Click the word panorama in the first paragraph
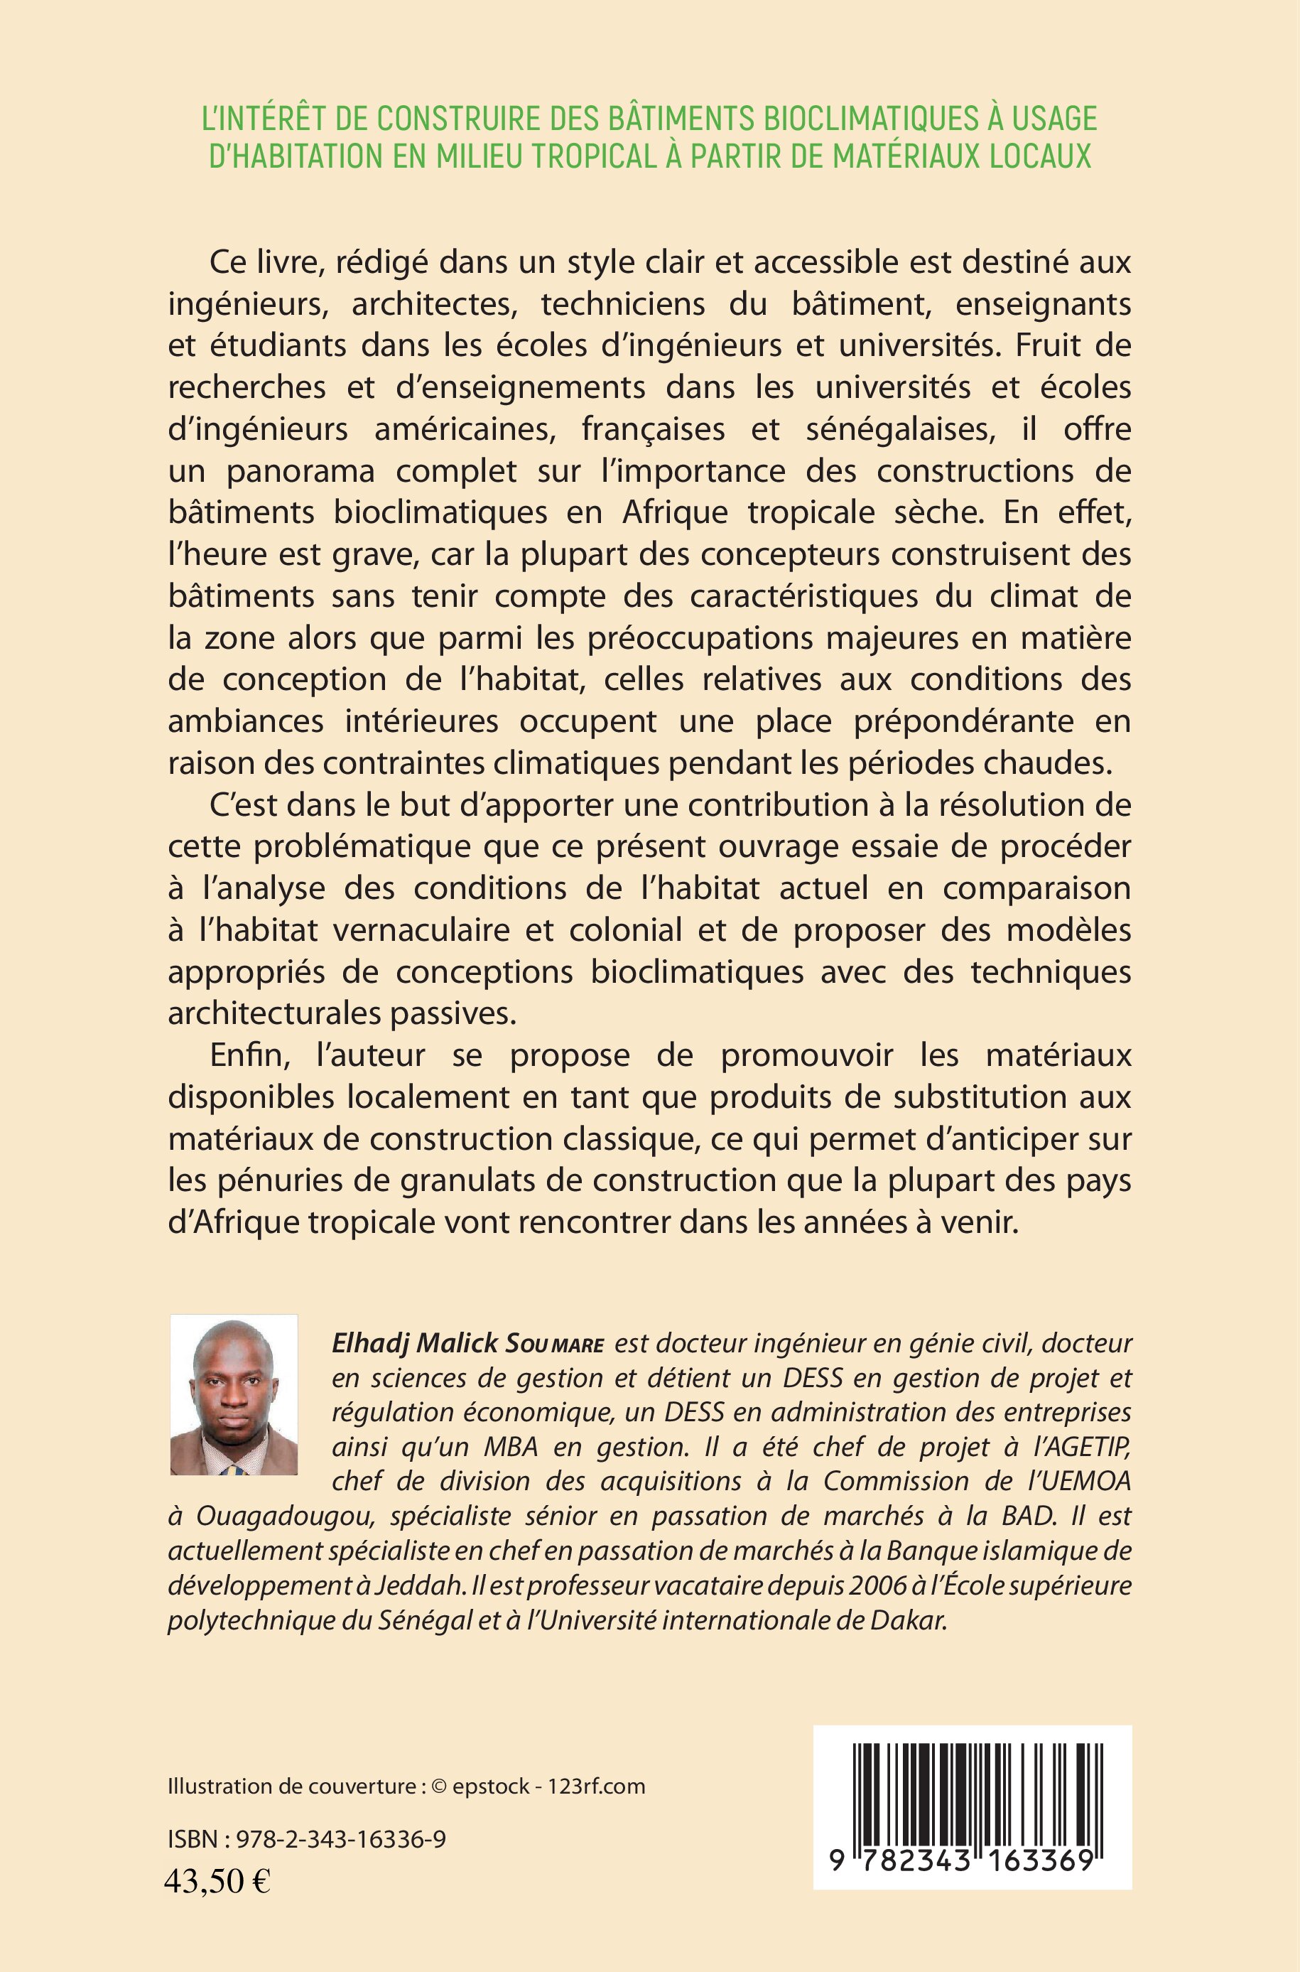pos(302,471)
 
